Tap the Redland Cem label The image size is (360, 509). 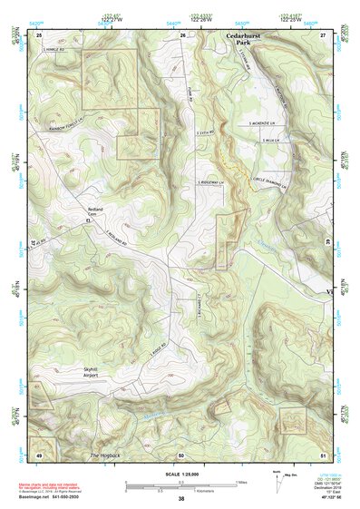[97, 210]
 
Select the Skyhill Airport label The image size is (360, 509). [95, 371]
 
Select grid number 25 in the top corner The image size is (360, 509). [39, 34]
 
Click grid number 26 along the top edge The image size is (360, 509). [182, 34]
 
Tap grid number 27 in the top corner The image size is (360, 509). [323, 34]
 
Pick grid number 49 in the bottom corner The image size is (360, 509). [39, 454]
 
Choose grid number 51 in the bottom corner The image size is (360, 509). [323, 454]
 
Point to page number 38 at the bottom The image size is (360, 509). [181, 498]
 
